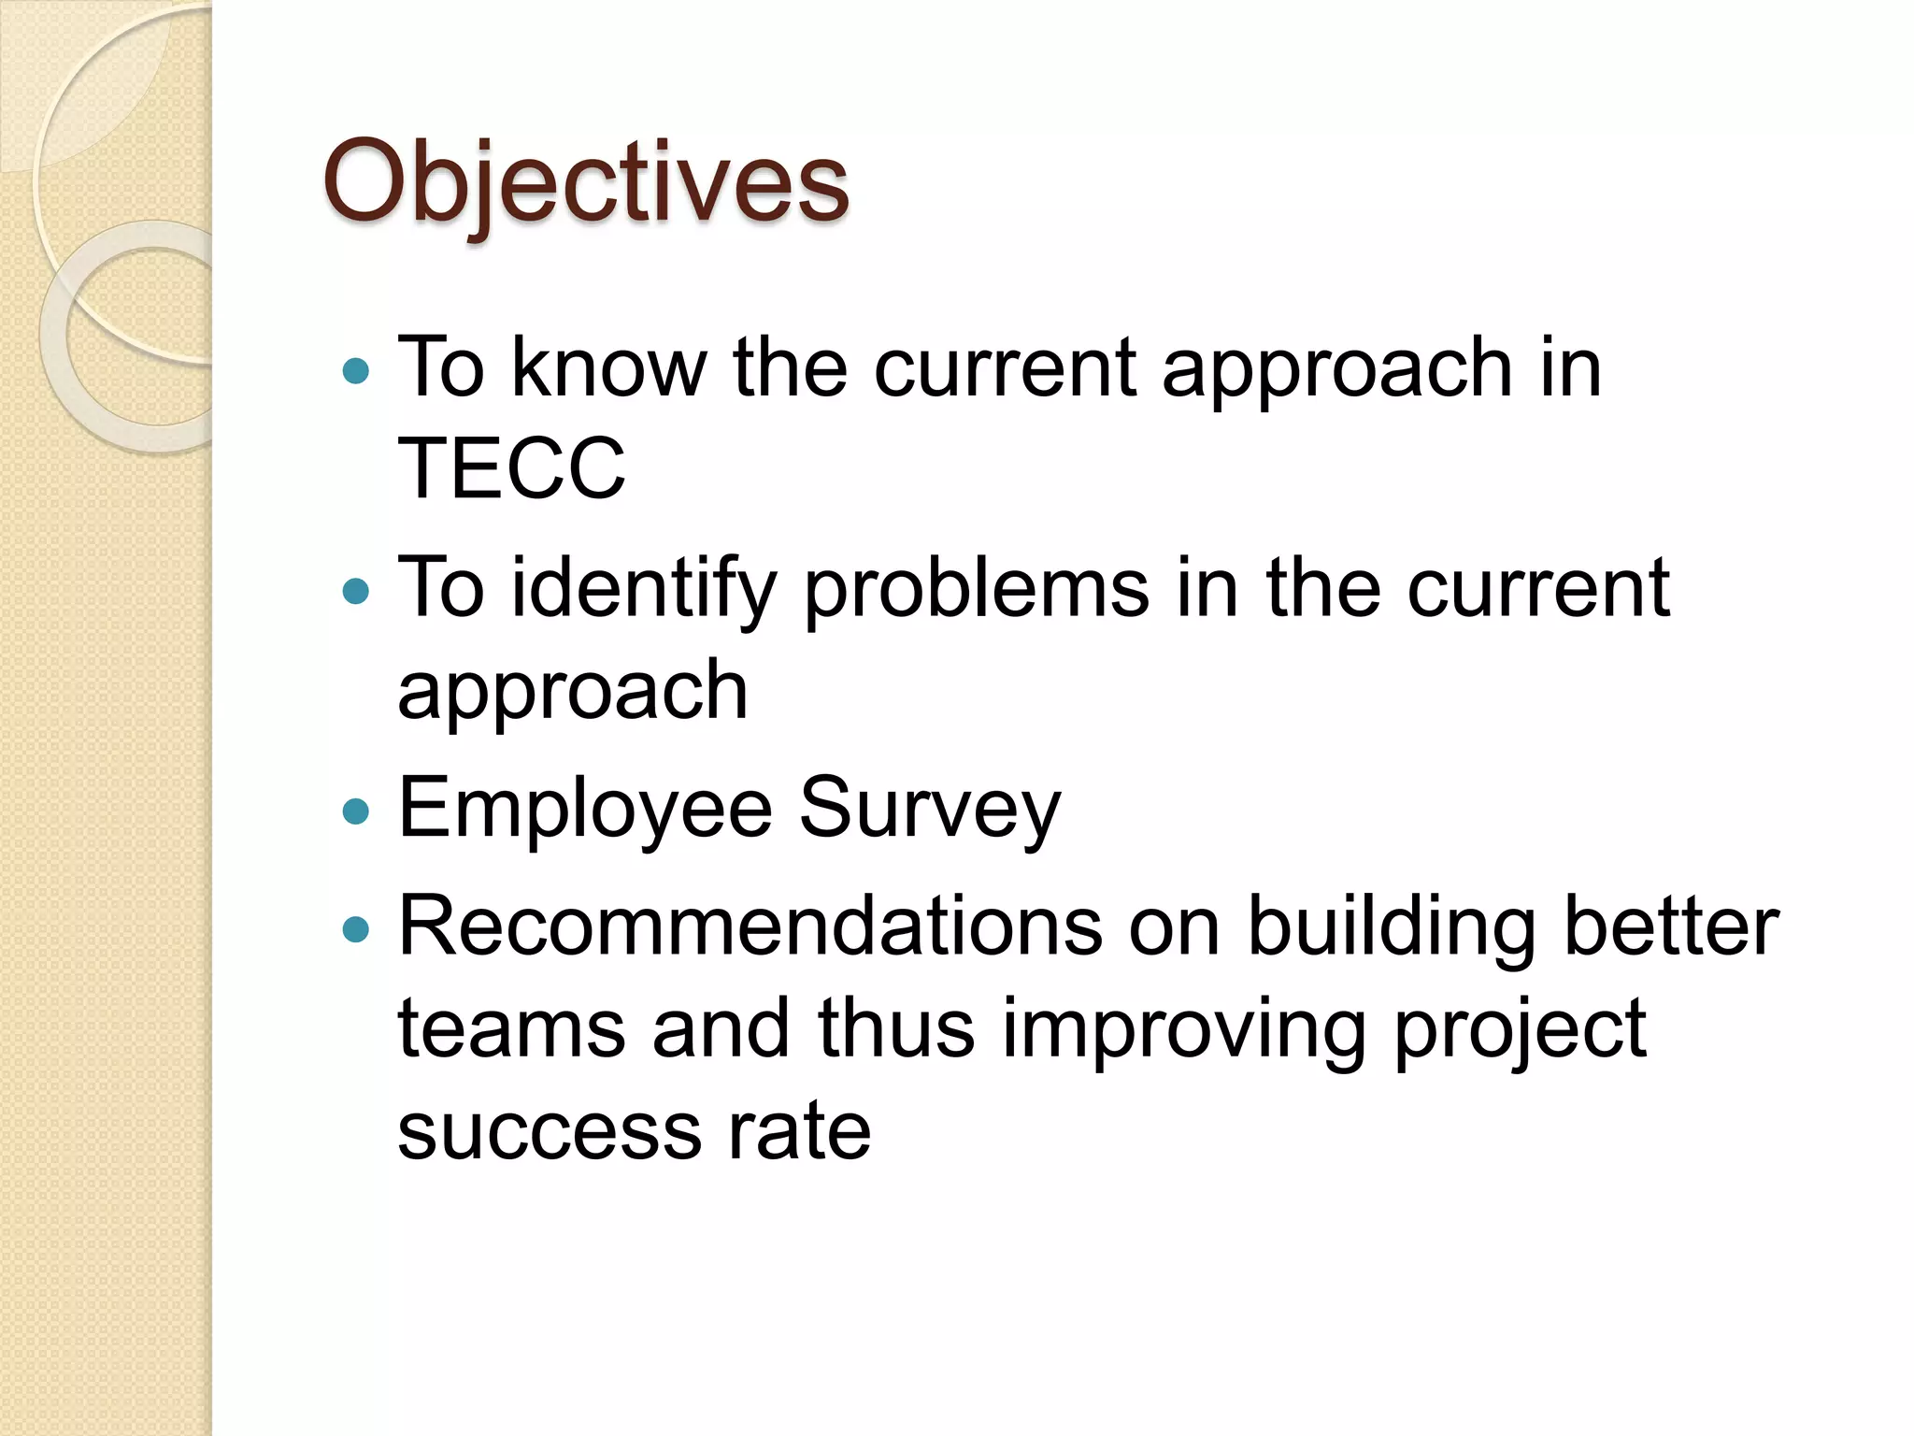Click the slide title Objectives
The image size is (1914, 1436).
click(586, 181)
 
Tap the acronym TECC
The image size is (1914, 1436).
click(511, 468)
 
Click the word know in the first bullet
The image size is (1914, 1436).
click(608, 368)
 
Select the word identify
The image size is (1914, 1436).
click(643, 589)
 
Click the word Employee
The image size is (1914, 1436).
click(585, 810)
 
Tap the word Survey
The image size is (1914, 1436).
click(929, 810)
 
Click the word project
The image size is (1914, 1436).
click(1520, 1030)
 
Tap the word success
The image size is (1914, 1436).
click(550, 1132)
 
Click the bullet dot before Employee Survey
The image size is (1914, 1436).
click(356, 811)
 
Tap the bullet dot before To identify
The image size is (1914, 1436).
click(356, 591)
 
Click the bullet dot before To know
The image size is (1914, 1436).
click(356, 371)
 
